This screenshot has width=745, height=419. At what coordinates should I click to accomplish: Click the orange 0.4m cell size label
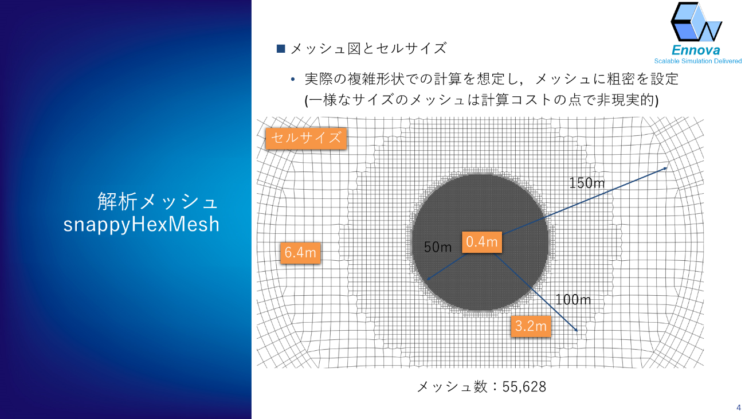coord(481,242)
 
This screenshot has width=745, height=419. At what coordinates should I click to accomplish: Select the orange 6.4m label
coord(300,253)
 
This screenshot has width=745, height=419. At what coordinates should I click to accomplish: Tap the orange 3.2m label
coord(531,326)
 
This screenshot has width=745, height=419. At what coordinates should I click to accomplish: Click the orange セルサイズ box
coord(306,138)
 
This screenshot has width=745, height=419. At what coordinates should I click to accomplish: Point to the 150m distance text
coord(587,183)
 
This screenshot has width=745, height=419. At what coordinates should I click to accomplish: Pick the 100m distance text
coord(573,300)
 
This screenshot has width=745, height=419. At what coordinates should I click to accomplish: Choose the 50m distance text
coord(438,246)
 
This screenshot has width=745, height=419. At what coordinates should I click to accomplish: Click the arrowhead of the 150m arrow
coord(665,169)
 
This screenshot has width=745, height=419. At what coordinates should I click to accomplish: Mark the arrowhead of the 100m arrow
coord(576,330)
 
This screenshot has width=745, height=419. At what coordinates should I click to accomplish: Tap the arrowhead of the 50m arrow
coord(429,279)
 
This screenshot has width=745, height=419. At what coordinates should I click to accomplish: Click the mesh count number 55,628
coord(524,387)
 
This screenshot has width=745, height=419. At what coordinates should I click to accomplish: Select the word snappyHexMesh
coord(142,225)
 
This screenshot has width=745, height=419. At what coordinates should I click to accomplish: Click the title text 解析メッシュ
coord(158,201)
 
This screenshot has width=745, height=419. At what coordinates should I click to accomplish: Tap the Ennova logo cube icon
coord(696,22)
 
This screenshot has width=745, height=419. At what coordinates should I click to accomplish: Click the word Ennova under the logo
coord(696,50)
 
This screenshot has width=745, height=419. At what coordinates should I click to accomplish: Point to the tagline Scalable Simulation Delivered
coord(698,61)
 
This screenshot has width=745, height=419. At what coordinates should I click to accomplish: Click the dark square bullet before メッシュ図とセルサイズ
coord(281,49)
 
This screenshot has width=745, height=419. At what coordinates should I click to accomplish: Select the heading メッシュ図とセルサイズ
coord(368,49)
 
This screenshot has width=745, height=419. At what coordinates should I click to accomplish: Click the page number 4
coord(739,408)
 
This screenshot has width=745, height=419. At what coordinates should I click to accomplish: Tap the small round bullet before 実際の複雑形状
coord(293,80)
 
